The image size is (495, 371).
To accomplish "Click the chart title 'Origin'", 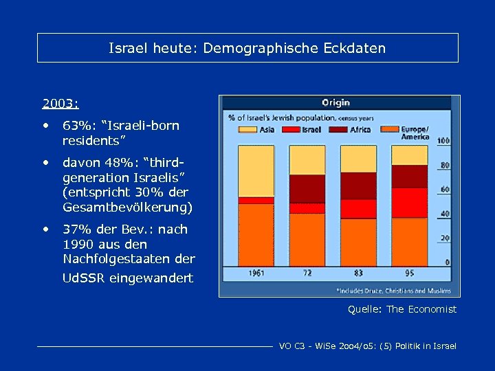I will pos(335,102).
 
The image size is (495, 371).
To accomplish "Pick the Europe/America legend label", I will pos(415,133).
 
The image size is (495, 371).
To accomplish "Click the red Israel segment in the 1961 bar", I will pos(256,200).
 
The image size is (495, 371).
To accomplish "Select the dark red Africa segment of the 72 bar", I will pos(307,188).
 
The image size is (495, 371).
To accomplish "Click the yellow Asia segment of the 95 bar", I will pos(409,155).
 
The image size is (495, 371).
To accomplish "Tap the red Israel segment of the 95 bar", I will pos(409,203).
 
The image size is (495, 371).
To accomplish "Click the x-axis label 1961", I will pos(256,273).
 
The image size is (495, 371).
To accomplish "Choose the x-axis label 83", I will pos(358,273).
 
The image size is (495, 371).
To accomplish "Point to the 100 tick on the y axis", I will pos(443,141).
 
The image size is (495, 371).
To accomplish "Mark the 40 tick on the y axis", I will pos(445,214).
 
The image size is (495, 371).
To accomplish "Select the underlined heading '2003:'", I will pos(60,104).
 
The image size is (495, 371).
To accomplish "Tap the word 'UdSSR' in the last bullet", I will pos(85,278).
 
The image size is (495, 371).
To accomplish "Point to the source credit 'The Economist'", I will pos(421,309).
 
